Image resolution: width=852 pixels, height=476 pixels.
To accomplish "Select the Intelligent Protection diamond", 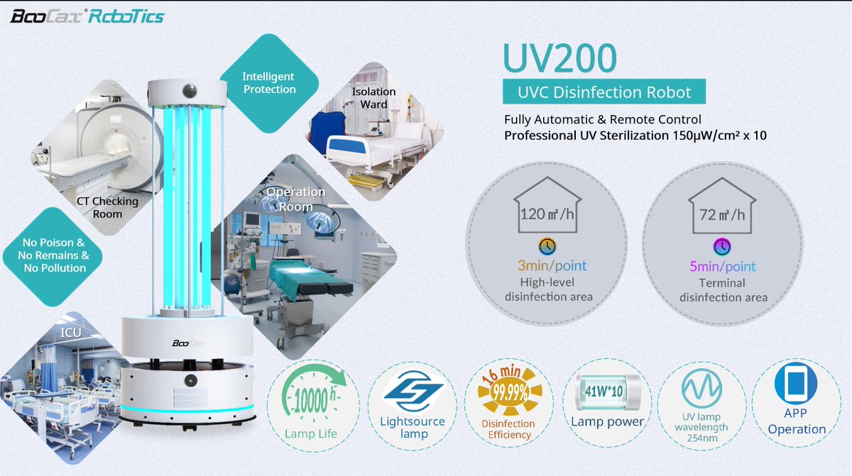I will [x=269, y=83].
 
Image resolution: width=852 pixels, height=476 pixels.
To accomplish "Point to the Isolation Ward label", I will [x=373, y=98].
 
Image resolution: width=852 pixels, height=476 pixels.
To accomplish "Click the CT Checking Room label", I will [x=107, y=207].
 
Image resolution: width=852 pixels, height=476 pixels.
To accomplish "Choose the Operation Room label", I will [x=295, y=199].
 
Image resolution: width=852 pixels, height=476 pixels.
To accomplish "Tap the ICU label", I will [x=70, y=331].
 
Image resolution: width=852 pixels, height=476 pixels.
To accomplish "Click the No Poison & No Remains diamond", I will [x=55, y=255].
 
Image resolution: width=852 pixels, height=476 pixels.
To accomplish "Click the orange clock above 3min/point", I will [x=547, y=246].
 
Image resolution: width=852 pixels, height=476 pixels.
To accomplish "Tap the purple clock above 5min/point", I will [x=722, y=246].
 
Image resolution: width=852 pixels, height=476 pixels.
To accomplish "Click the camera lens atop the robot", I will [x=190, y=91].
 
